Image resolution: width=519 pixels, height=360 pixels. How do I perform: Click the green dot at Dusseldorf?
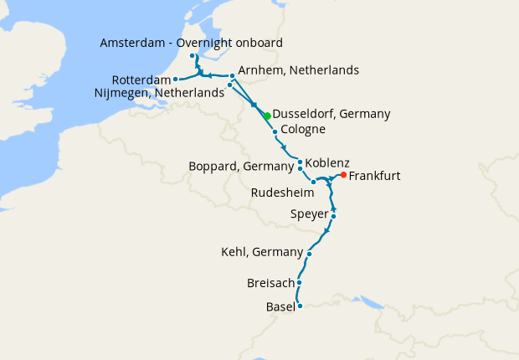[267, 116]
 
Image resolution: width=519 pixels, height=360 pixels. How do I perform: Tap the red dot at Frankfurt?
[344, 175]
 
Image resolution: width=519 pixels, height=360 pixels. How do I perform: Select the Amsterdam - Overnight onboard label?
[191, 43]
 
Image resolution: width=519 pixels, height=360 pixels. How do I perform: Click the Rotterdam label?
[141, 80]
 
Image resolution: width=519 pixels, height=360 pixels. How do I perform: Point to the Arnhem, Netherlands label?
[298, 70]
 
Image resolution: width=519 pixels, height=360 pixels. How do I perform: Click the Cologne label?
[303, 130]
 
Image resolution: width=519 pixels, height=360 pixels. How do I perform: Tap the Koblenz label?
[327, 162]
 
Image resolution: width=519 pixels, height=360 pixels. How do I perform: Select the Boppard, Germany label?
[243, 167]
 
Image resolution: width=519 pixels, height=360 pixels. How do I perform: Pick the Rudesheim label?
[283, 193]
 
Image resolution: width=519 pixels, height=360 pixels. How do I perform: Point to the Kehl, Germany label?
[261, 252]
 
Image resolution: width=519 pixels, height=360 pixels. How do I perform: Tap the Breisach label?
[270, 283]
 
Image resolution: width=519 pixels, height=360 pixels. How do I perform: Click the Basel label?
[280, 306]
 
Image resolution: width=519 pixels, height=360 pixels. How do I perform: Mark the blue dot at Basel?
[300, 306]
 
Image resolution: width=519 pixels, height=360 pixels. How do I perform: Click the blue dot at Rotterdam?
[175, 80]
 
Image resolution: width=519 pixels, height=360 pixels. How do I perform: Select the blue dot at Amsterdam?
[193, 56]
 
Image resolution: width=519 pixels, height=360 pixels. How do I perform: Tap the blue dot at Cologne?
[275, 132]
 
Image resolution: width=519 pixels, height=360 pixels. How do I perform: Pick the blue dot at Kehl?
[310, 254]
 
